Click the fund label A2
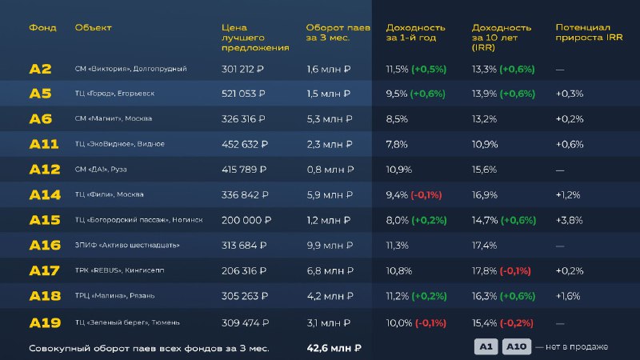(40, 69)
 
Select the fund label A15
(45, 220)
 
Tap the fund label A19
(45, 322)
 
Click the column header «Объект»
(93, 27)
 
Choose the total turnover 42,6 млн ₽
(334, 348)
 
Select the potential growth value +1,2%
(569, 194)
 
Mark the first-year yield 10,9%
(398, 170)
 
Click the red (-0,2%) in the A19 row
(518, 322)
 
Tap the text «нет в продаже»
(577, 346)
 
